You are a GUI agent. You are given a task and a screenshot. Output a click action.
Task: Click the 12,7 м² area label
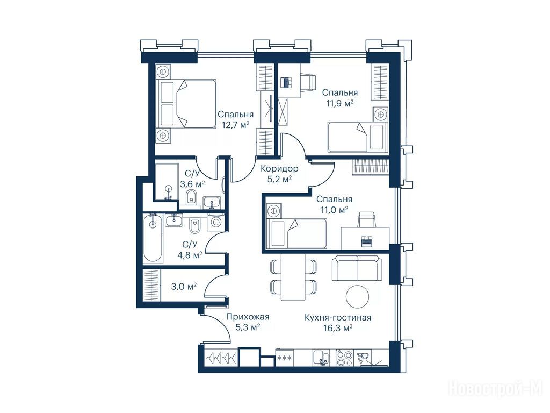click(x=235, y=124)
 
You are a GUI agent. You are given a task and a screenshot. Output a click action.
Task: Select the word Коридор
click(x=279, y=168)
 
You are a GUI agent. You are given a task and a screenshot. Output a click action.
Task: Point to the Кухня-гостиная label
click(x=338, y=318)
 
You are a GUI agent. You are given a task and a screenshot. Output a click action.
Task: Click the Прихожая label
click(x=248, y=317)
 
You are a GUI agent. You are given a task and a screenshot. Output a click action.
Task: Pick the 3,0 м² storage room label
click(x=184, y=287)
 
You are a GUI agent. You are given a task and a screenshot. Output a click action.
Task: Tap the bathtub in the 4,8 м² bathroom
click(x=153, y=239)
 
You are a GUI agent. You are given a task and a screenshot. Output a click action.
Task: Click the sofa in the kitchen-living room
click(x=357, y=268)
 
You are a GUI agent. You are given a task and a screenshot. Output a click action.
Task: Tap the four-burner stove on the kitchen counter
click(x=344, y=358)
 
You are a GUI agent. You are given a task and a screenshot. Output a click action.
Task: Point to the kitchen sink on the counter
click(x=320, y=358)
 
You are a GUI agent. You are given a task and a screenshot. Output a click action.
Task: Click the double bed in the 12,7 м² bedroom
click(x=187, y=104)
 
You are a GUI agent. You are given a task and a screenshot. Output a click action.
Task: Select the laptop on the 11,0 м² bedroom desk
click(x=366, y=241)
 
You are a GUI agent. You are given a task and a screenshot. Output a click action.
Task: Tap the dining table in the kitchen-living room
click(x=293, y=277)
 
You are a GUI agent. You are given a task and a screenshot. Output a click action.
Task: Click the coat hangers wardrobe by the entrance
click(x=221, y=358)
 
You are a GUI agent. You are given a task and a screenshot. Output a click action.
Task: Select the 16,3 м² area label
click(x=338, y=329)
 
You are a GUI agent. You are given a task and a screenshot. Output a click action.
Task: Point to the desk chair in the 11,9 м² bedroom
click(x=308, y=82)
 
